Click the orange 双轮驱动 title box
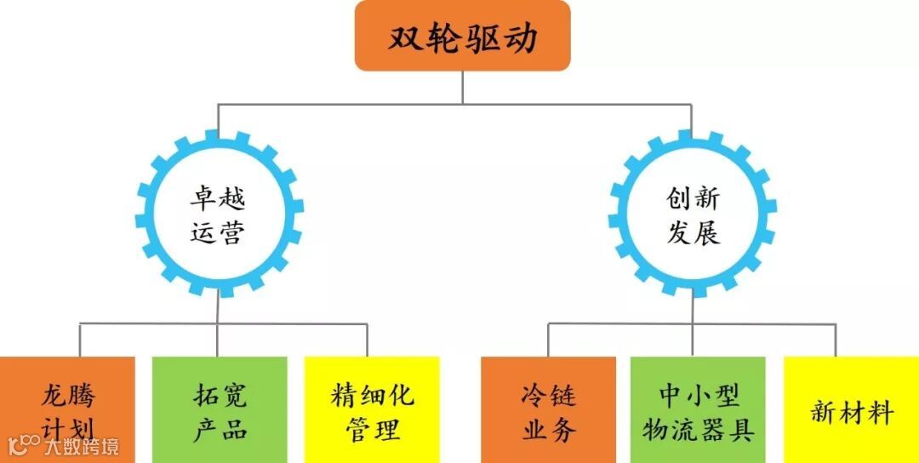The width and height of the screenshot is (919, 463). (462, 36)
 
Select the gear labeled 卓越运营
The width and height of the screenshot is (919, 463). (219, 214)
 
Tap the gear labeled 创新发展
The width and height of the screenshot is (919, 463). (693, 214)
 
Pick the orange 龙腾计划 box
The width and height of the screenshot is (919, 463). (67, 409)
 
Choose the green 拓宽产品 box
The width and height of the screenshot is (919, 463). (220, 409)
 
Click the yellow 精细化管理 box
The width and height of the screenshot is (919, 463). (372, 409)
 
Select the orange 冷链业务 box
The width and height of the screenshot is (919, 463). (548, 409)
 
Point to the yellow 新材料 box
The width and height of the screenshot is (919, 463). (851, 409)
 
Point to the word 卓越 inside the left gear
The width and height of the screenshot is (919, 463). (218, 199)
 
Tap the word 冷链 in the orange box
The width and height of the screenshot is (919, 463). (548, 395)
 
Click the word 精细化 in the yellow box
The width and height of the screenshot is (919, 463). (372, 395)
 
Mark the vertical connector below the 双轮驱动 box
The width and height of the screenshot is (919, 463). (463, 87)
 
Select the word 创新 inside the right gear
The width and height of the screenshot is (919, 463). (693, 199)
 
